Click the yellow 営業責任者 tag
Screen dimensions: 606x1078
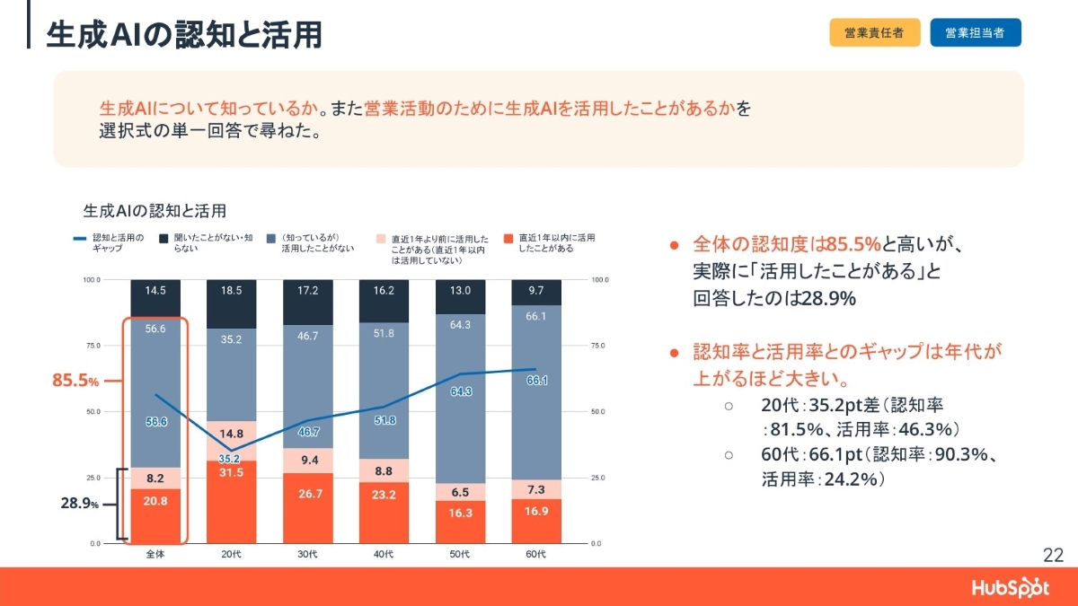tap(874, 32)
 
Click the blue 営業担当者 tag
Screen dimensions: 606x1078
tap(975, 32)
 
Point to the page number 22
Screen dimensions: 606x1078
tap(1053, 554)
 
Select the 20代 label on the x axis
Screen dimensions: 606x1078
tap(231, 555)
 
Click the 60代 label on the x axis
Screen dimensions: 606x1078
tap(536, 555)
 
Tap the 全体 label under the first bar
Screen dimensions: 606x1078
tap(155, 555)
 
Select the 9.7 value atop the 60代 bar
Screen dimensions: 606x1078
tap(536, 291)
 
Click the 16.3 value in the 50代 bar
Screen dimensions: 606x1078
tap(460, 514)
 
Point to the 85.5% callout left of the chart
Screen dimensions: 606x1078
tap(75, 381)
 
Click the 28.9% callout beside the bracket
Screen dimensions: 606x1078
tap(79, 505)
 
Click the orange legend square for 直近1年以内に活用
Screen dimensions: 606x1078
tap(508, 239)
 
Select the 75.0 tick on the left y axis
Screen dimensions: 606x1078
tap(92, 346)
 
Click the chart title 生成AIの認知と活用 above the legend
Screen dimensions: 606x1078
tap(154, 211)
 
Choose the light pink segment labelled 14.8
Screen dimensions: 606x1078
tap(231, 433)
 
